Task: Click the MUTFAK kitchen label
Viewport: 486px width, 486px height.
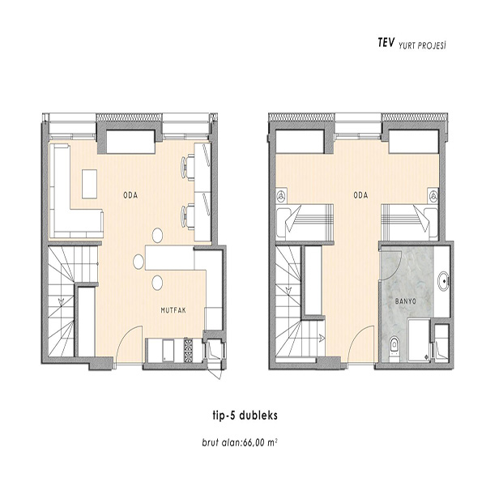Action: (x=173, y=310)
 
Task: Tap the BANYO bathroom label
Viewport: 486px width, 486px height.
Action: (x=406, y=301)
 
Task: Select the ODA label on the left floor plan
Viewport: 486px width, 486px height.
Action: (x=130, y=195)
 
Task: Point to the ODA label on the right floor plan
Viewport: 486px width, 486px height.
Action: (x=360, y=195)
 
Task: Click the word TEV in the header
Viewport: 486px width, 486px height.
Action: (x=386, y=43)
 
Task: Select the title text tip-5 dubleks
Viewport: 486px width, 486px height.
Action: (x=245, y=416)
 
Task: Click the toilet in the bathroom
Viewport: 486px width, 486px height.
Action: (x=394, y=347)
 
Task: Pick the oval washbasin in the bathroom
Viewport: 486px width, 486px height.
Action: (x=443, y=281)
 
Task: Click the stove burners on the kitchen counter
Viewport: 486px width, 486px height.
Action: (x=188, y=350)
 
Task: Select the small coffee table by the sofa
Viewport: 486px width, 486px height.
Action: (x=90, y=184)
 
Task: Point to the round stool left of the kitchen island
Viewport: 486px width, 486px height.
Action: (x=139, y=262)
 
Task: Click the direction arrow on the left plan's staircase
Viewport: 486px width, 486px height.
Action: (x=61, y=301)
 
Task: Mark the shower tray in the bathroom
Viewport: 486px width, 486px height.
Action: (x=419, y=340)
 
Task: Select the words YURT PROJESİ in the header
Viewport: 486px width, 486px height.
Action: (x=422, y=46)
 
